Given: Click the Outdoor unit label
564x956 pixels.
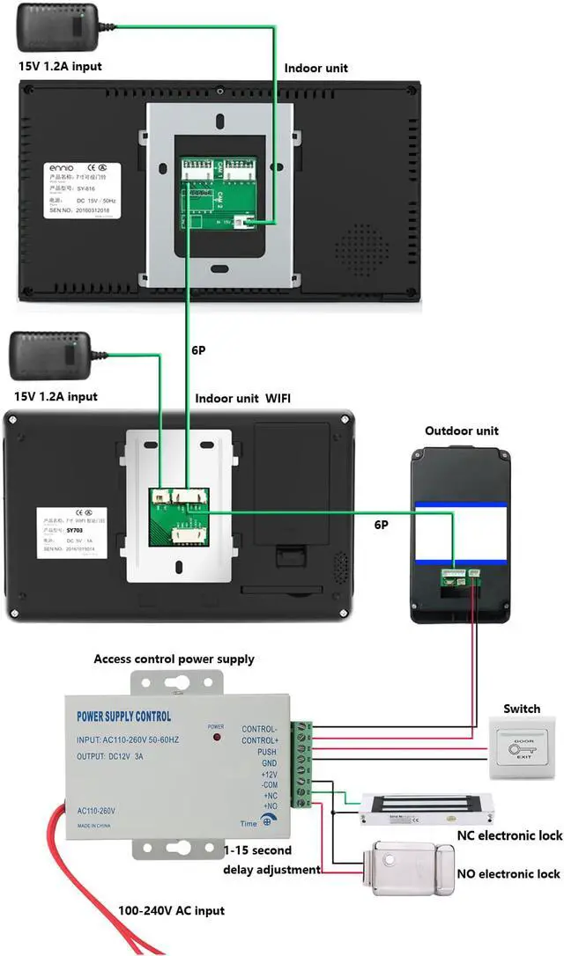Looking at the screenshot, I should [x=461, y=430].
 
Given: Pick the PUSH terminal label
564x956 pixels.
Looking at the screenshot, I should [x=266, y=754].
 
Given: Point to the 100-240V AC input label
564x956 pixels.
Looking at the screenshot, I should [x=171, y=910].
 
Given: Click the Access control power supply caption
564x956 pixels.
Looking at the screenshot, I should [x=174, y=658].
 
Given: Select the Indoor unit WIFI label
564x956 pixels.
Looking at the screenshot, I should [x=242, y=398].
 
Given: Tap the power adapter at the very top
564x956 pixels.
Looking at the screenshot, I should [x=63, y=29].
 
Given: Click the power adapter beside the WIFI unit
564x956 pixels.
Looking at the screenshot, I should [x=48, y=356].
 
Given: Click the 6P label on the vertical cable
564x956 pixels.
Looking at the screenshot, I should [x=199, y=349].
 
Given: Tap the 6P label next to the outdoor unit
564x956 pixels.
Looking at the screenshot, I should [x=381, y=525].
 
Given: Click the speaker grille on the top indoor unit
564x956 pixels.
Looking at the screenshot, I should [x=361, y=246].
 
